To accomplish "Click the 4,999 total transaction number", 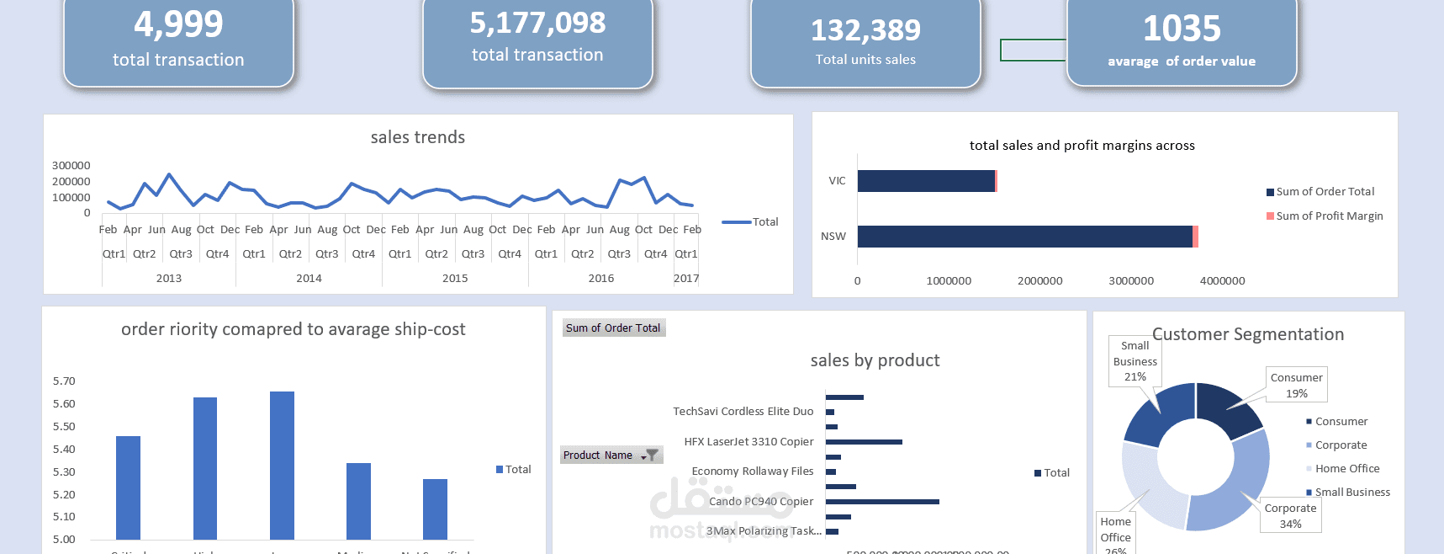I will pyautogui.click(x=178, y=24).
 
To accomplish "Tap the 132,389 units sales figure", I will pyautogui.click(x=865, y=31).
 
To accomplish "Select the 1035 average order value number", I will pyautogui.click(x=1181, y=29).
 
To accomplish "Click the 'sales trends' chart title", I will pyautogui.click(x=417, y=137).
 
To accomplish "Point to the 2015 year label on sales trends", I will pyautogui.click(x=455, y=278).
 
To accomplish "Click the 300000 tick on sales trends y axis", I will pyautogui.click(x=71, y=165).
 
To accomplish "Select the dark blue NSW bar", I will pyautogui.click(x=1024, y=237).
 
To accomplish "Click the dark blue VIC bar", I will pyautogui.click(x=925, y=181).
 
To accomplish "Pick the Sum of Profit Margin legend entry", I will pyautogui.click(x=1329, y=216).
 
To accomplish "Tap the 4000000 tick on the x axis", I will pyautogui.click(x=1222, y=281).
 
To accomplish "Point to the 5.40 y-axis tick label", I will pyautogui.click(x=64, y=449).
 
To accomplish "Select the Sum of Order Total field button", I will pyautogui.click(x=613, y=328).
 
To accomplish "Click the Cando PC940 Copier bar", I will pyautogui.click(x=881, y=502).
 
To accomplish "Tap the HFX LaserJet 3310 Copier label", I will pyautogui.click(x=748, y=442).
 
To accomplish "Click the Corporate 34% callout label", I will pyautogui.click(x=1290, y=515).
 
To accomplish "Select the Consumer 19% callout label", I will pyautogui.click(x=1296, y=385).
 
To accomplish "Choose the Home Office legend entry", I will pyautogui.click(x=1346, y=469).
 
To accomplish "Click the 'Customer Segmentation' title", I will pyautogui.click(x=1247, y=334).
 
